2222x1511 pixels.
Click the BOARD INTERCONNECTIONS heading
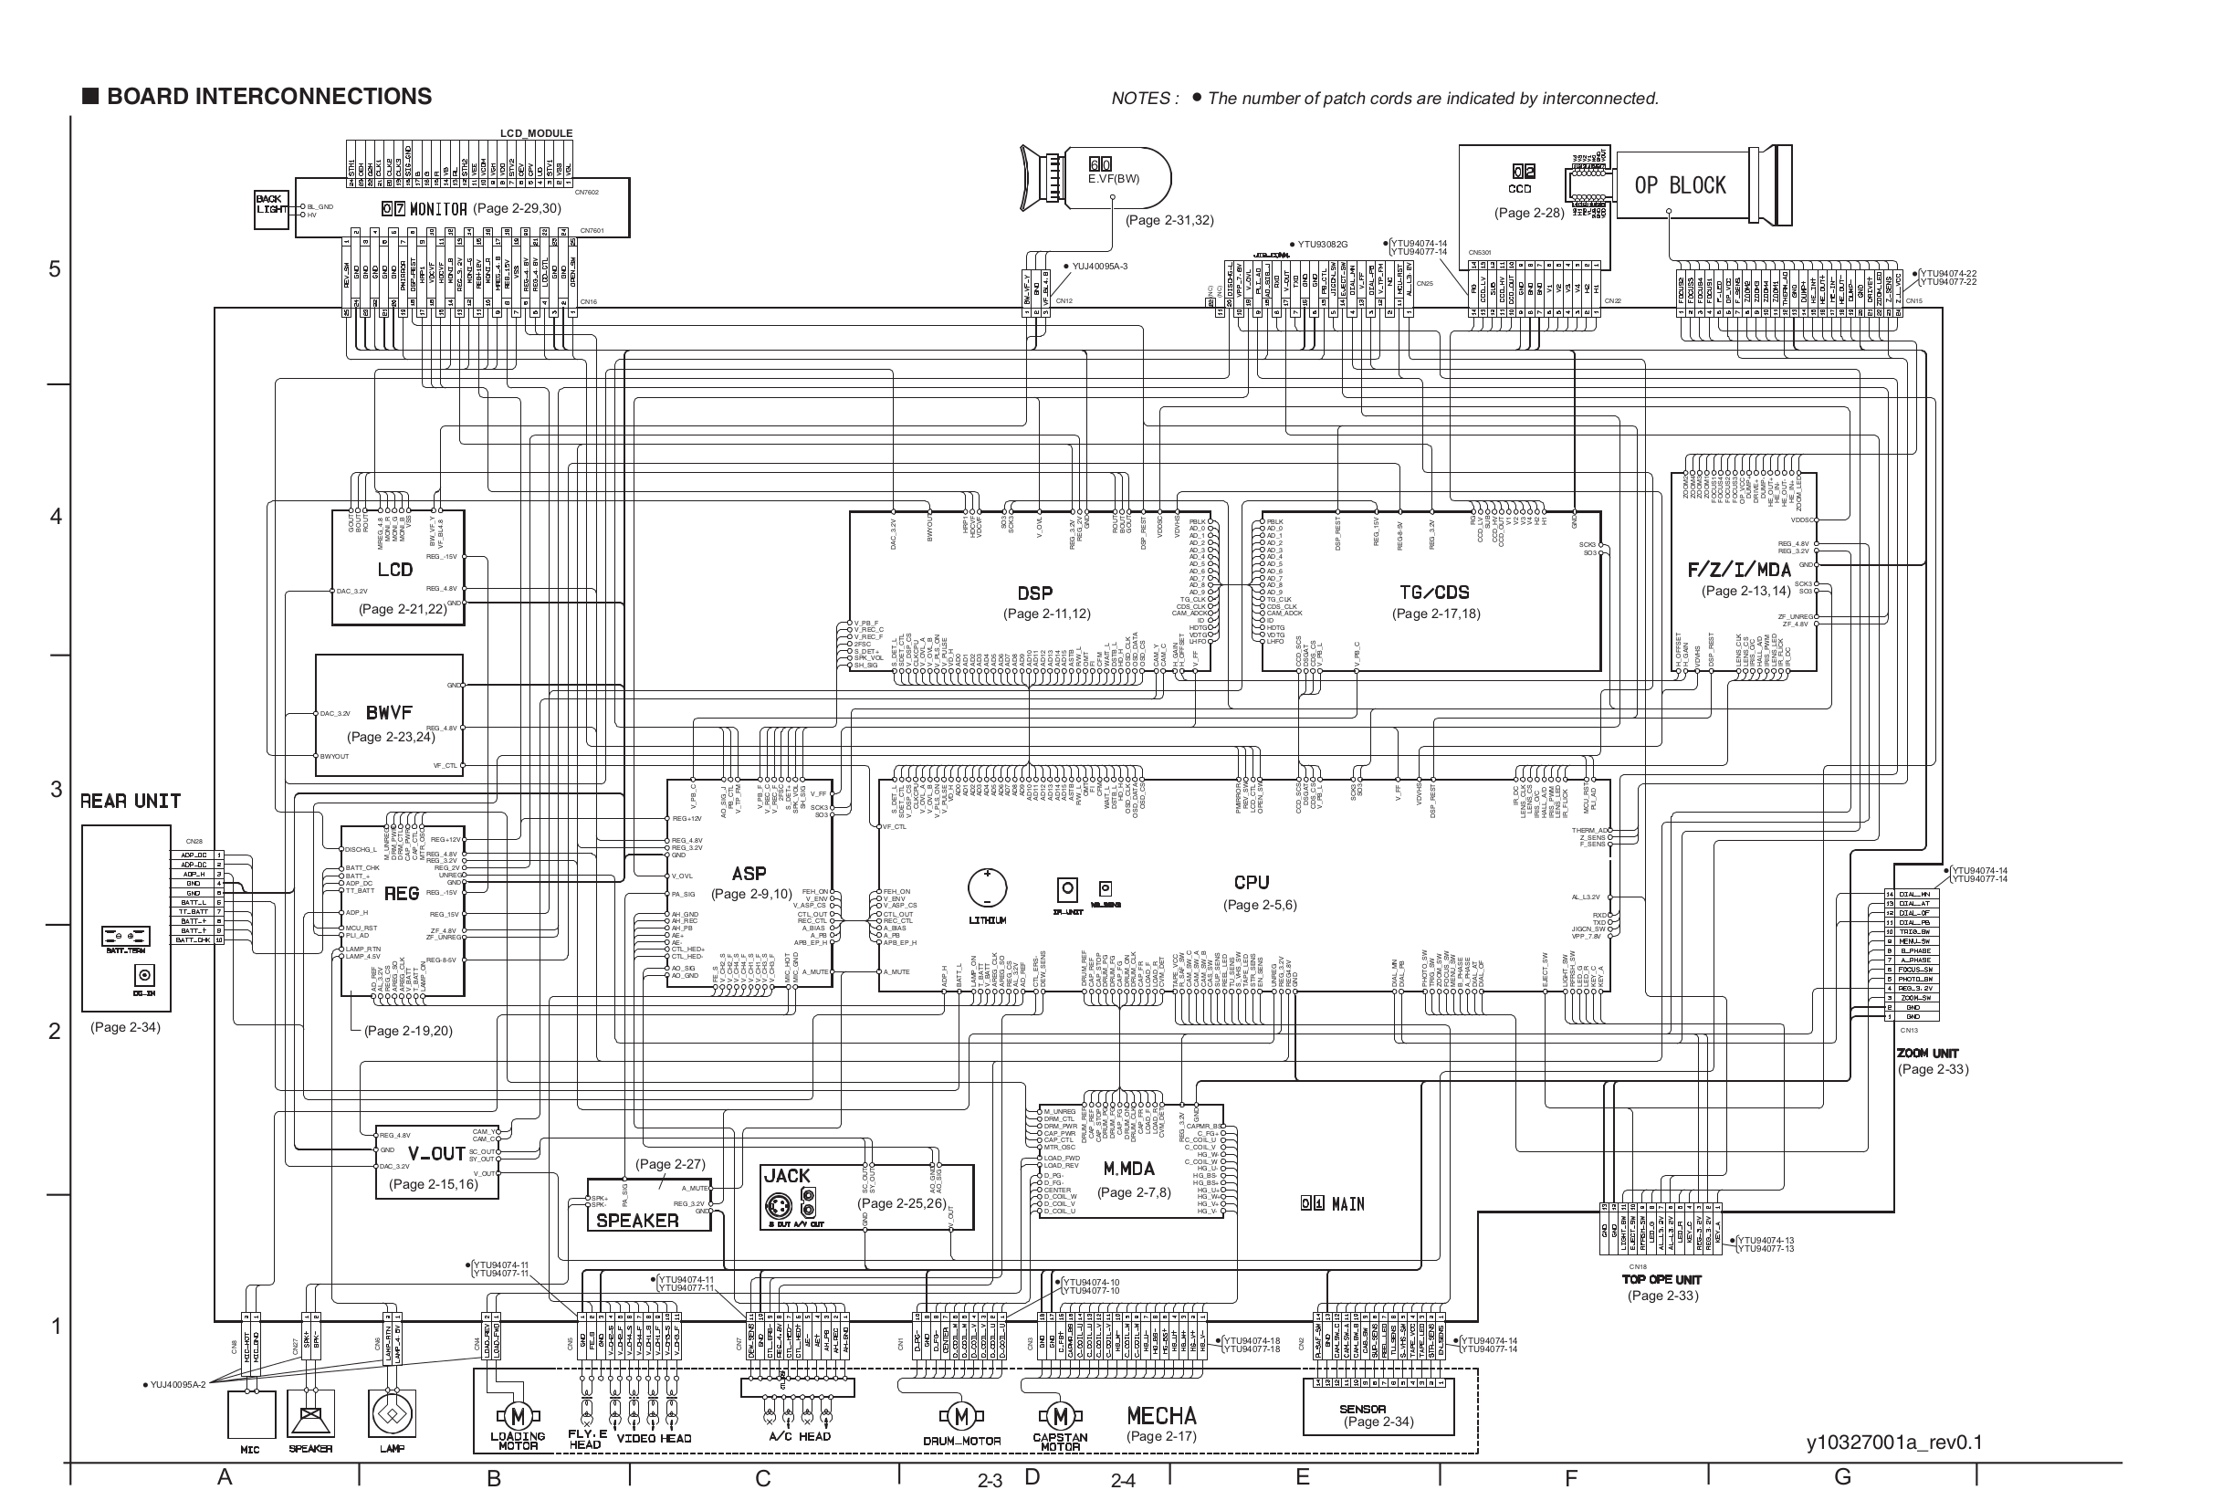click(x=268, y=97)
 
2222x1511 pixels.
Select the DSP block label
click(x=1034, y=593)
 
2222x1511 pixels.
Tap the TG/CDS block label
click(x=1434, y=592)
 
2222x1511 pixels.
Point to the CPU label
click(x=1251, y=883)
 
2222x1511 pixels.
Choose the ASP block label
click(x=749, y=873)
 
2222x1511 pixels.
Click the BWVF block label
click(x=388, y=712)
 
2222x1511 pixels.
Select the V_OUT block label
click(x=436, y=1153)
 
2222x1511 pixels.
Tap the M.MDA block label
click(x=1128, y=1169)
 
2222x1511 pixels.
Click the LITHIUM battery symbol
click(x=987, y=888)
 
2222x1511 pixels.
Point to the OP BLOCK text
click(x=1679, y=185)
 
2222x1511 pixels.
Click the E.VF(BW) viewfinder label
click(x=1113, y=179)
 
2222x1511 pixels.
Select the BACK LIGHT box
click(x=270, y=209)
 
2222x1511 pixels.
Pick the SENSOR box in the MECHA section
click(x=1378, y=1414)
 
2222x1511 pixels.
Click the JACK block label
click(x=786, y=1175)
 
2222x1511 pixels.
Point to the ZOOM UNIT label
click(x=1927, y=1053)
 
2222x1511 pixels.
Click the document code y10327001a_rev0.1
click(x=1894, y=1443)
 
